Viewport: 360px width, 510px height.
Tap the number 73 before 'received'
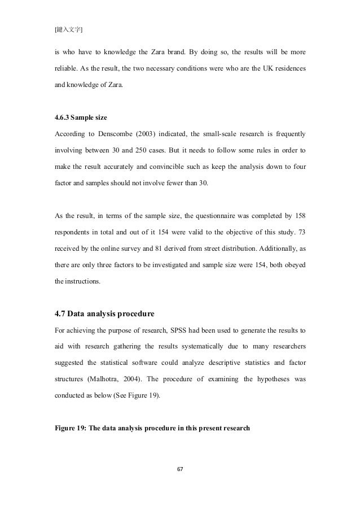[302, 233]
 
